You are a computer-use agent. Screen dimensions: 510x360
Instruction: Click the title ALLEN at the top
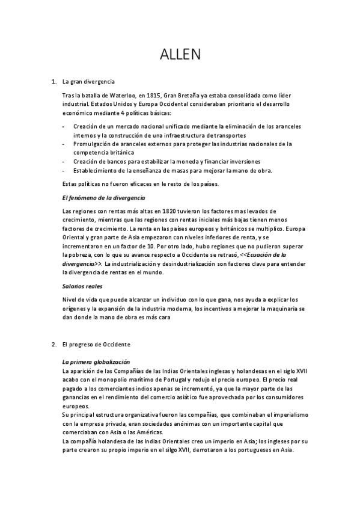pyautogui.click(x=180, y=55)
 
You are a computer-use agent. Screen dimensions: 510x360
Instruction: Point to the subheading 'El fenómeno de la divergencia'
pyautogui.click(x=103, y=197)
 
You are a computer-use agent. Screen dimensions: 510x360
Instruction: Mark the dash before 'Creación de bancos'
pyautogui.click(x=64, y=161)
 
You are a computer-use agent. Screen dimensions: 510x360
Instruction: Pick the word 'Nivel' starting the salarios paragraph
pyautogui.click(x=70, y=300)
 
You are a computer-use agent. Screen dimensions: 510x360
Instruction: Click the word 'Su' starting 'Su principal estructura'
pyautogui.click(x=66, y=415)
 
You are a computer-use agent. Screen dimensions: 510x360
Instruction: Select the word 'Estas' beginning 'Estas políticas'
pyautogui.click(x=70, y=183)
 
